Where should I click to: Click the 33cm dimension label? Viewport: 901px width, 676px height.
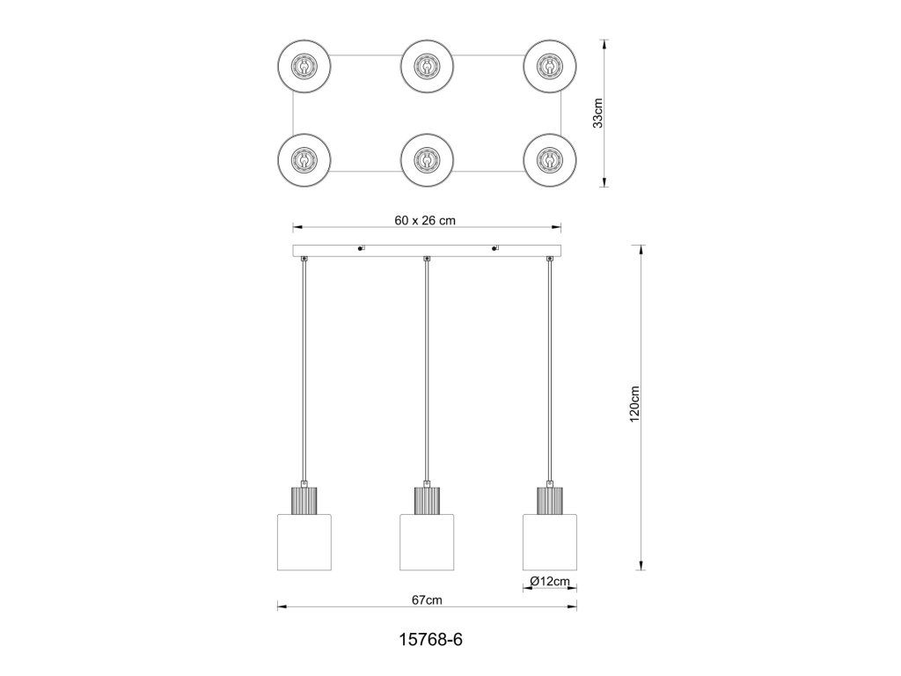click(x=598, y=114)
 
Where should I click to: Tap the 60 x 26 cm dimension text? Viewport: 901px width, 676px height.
click(x=425, y=220)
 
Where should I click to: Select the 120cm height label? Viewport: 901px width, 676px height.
click(x=634, y=404)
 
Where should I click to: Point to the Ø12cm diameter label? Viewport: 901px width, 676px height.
click(x=550, y=581)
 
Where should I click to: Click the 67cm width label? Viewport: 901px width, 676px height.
click(x=427, y=600)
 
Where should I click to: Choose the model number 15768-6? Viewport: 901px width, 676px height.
click(x=430, y=639)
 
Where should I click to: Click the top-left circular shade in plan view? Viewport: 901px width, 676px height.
click(x=304, y=65)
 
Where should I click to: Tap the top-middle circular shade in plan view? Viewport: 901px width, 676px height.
click(x=427, y=65)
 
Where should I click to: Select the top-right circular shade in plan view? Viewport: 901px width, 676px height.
click(x=550, y=65)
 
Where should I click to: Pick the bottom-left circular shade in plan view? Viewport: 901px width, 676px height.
click(x=304, y=160)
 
